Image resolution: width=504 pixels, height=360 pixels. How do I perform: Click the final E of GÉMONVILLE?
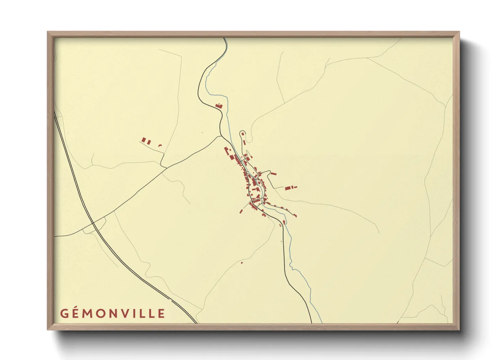point(162,313)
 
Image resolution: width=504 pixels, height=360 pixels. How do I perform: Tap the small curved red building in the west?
point(160,146)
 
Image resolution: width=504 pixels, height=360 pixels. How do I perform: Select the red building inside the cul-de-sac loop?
point(243,134)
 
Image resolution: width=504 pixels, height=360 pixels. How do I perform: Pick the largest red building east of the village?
point(288,187)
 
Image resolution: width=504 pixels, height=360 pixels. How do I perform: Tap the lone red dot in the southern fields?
point(242,263)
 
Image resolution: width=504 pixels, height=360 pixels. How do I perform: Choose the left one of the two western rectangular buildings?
point(144,140)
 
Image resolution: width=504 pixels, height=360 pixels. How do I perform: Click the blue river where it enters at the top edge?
point(225,38)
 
